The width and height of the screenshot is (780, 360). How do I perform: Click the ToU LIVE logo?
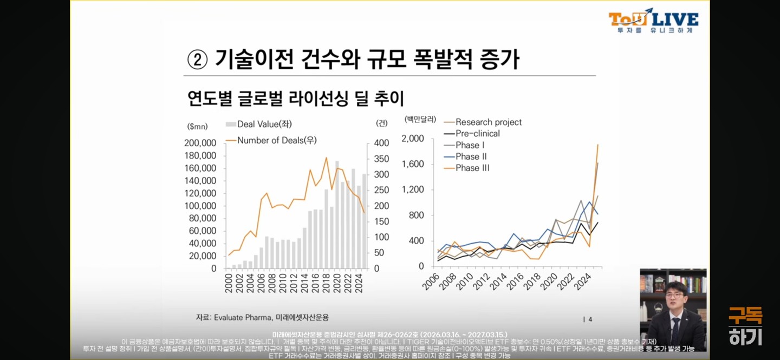click(653, 21)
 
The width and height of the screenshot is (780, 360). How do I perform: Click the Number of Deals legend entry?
click(271, 140)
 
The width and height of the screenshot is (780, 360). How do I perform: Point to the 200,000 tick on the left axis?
click(200, 143)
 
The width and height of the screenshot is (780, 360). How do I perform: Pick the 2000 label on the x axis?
click(228, 283)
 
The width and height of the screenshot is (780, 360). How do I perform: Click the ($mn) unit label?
click(197, 126)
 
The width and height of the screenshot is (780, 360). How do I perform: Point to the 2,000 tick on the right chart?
click(413, 139)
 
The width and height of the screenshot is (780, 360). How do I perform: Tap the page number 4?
click(590, 319)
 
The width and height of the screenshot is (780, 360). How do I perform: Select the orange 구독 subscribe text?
click(745, 315)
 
